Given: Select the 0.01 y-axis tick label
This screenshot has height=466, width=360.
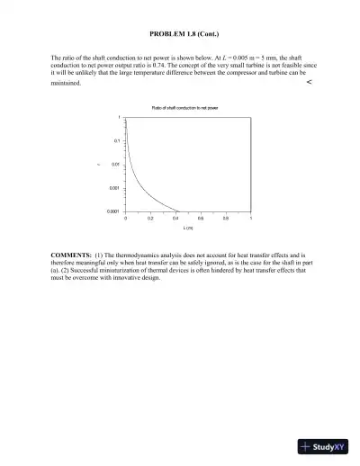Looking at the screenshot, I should pos(115,165).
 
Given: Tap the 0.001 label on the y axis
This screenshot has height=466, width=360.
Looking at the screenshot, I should pos(114,187).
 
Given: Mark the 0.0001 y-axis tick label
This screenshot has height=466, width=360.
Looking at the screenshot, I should pos(112,211).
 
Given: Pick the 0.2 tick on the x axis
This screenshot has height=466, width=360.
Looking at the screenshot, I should pos(150,219).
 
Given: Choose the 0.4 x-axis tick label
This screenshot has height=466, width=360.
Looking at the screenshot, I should pos(175,219).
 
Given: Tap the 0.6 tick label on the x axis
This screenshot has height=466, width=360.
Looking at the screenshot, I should pos(201,219).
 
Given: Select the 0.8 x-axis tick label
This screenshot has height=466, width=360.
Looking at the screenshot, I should pos(226,219).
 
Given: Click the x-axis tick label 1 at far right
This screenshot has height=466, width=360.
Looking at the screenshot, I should pos(251,219).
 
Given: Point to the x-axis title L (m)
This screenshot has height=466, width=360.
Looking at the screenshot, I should pos(189,229).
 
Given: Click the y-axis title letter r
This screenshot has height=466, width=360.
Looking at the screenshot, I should pos(101,164).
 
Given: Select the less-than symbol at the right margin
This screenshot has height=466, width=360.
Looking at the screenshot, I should pos(309,82).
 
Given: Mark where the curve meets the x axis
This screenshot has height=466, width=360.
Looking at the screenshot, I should pos(178,211).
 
